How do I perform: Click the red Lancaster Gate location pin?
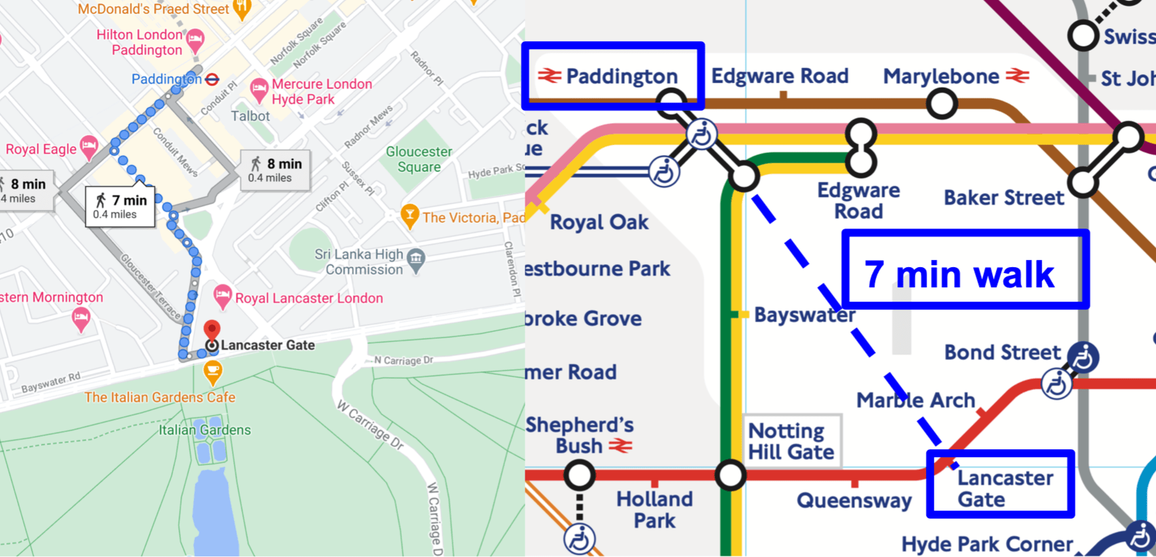(x=212, y=329)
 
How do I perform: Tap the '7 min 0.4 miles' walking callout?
(x=120, y=206)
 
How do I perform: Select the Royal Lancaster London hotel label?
(x=308, y=298)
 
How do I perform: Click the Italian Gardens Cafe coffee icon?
(x=212, y=372)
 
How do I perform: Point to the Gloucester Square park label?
(x=419, y=159)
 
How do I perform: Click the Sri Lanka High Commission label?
(x=359, y=262)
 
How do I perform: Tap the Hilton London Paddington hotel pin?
(x=195, y=41)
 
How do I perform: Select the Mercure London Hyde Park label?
(x=322, y=91)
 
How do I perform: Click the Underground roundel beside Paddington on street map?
(x=212, y=80)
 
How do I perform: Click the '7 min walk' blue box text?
(x=959, y=274)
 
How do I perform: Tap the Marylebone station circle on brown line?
(x=942, y=103)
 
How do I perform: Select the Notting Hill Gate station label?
(x=791, y=441)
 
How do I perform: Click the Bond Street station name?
(x=1002, y=353)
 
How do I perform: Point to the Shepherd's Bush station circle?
(x=579, y=475)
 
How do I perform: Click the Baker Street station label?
(x=1004, y=198)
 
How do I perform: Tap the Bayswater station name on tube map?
(x=804, y=315)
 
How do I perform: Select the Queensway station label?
(x=854, y=501)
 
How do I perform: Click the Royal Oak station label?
(x=599, y=223)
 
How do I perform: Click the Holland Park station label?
(x=655, y=510)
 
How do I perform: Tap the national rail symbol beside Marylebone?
(x=1017, y=76)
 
